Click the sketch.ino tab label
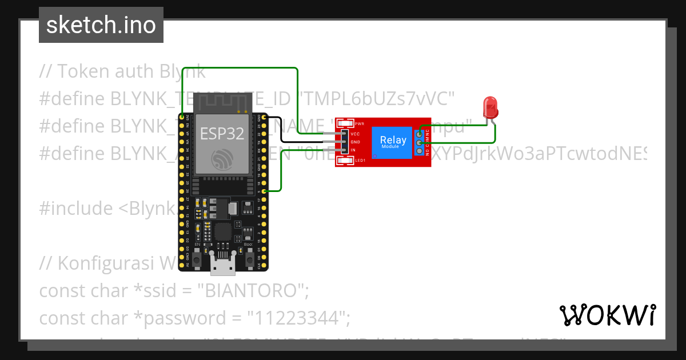click(101, 25)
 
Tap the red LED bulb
click(490, 107)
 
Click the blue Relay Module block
click(393, 142)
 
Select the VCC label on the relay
click(355, 133)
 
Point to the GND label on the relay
click(355, 141)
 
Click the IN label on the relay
click(354, 150)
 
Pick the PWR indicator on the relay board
click(346, 123)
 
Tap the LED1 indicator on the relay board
click(346, 161)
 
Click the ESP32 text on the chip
click(222, 134)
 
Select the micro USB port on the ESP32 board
click(222, 264)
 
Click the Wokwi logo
click(607, 315)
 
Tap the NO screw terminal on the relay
click(420, 151)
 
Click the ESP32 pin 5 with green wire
click(264, 191)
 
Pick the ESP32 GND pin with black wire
click(264, 118)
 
